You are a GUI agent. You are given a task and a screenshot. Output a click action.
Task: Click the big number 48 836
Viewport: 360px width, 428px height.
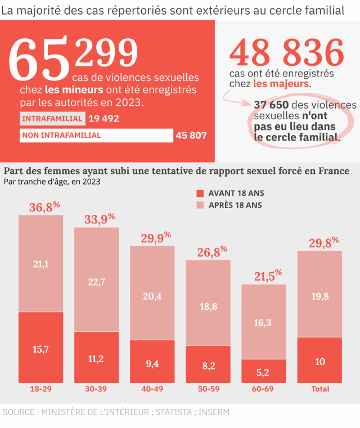point(286,54)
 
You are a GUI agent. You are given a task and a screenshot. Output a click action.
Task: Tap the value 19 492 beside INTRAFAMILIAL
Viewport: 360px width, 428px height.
point(103,119)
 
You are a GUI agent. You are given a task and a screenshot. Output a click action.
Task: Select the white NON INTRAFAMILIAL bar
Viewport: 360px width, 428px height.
point(96,136)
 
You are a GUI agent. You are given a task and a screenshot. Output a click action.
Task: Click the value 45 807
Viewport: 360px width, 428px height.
point(191,136)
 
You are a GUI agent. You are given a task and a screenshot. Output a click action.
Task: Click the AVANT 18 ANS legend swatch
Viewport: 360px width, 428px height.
point(200,193)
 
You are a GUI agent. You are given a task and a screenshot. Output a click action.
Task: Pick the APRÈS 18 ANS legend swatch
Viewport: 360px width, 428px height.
point(200,205)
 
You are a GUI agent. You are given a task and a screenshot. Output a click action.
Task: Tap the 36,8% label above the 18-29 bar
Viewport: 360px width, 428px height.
point(44,207)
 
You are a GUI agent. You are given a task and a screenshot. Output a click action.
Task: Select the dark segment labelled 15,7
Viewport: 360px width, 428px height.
point(40,349)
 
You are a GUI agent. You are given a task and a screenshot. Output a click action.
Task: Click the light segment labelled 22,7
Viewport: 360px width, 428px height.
point(96,282)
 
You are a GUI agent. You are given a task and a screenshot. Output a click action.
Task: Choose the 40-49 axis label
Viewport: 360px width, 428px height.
point(152,389)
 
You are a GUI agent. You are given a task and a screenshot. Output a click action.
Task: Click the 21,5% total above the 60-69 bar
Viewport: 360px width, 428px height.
point(267,276)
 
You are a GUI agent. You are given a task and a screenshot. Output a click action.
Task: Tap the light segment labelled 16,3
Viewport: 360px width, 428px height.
point(263,322)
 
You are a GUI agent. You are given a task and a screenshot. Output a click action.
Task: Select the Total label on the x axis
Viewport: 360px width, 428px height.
point(320,389)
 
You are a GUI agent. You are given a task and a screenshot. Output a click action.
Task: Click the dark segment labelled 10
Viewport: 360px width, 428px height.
point(319,361)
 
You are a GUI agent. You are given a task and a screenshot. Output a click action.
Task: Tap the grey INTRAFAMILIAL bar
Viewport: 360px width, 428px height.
point(52,119)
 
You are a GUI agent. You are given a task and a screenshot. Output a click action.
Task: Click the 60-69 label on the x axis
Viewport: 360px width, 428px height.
point(264,389)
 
